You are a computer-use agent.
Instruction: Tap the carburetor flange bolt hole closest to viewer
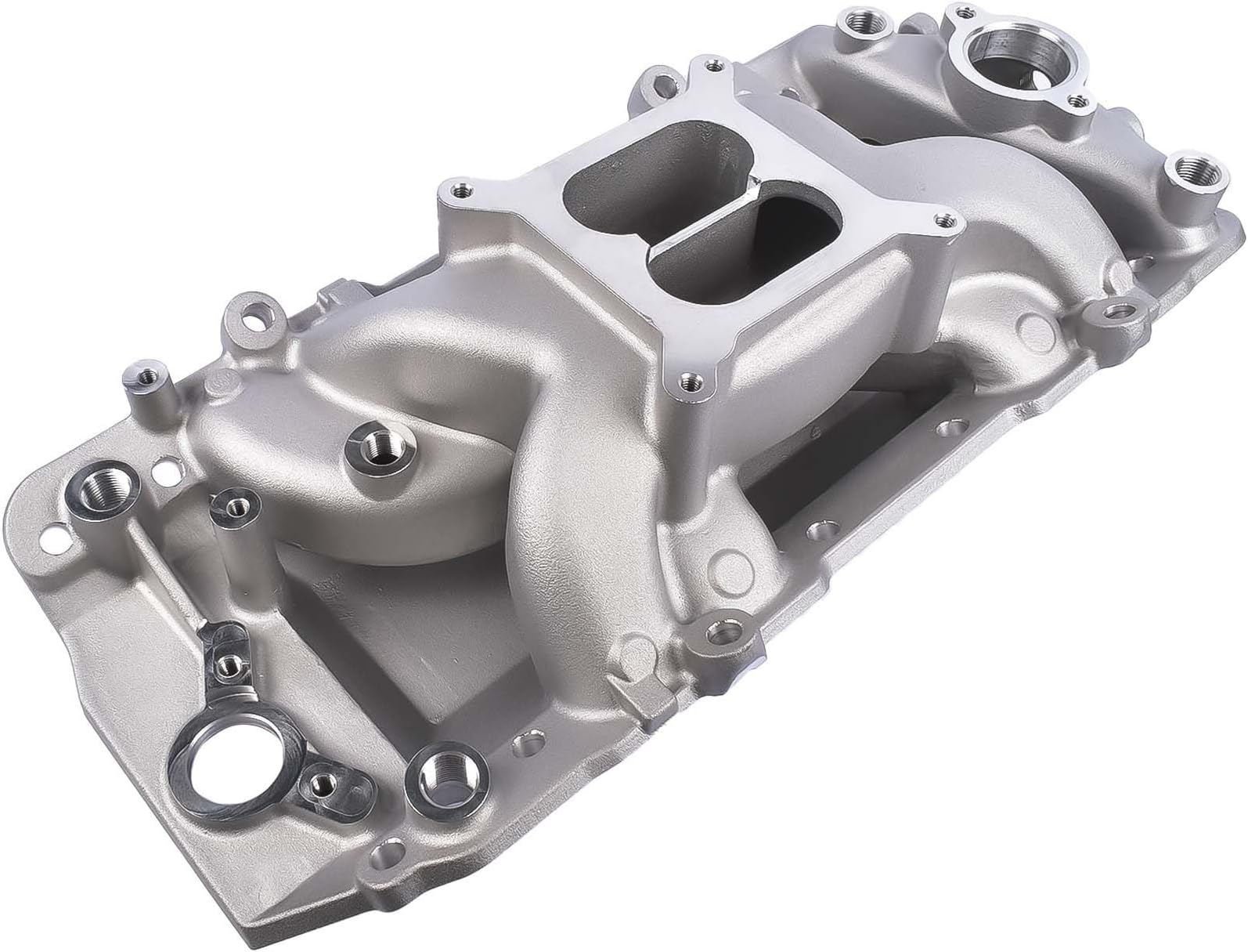tap(690, 381)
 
